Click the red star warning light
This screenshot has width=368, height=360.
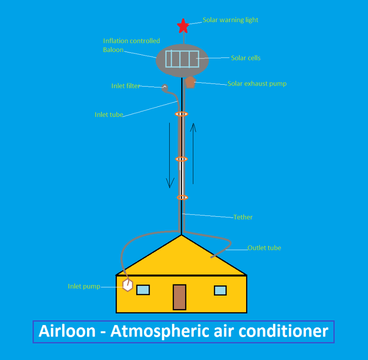tap(183, 26)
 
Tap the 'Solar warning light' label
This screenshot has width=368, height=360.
tap(230, 20)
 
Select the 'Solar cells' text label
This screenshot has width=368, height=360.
tap(246, 58)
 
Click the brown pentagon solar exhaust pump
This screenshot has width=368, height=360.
tap(190, 82)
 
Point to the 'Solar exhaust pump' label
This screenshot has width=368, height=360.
tap(257, 84)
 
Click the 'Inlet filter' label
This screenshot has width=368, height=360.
tap(126, 86)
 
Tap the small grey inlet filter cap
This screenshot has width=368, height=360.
tap(165, 86)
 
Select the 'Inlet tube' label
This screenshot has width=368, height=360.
tap(109, 115)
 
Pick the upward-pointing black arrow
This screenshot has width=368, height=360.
tap(194, 152)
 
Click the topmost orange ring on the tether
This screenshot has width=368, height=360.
tap(182, 114)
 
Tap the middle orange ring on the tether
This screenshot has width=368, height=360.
tap(182, 159)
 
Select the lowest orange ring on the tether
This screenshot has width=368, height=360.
tap(182, 197)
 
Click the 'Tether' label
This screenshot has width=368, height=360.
tap(243, 217)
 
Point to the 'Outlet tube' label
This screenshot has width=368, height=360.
tap(264, 248)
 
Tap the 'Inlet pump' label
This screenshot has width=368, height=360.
tap(84, 286)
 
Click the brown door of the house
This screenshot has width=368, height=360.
tap(179, 297)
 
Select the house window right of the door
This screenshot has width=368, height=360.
tap(220, 290)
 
